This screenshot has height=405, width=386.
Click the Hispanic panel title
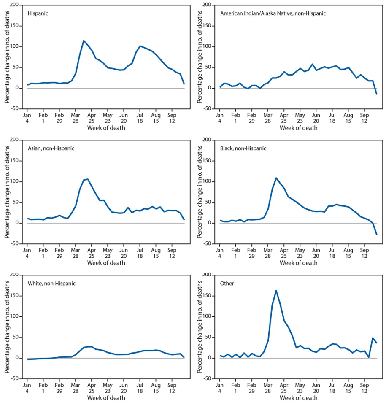pyautogui.click(x=38, y=13)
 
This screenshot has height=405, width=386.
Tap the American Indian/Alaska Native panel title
pyautogui.click(x=273, y=13)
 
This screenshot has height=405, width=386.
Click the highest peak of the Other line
pyautogui.click(x=276, y=290)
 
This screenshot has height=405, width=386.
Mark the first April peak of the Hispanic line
pyautogui.click(x=84, y=40)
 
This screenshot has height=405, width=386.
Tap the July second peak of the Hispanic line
pyautogui.click(x=140, y=46)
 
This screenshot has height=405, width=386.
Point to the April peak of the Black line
pyautogui.click(x=276, y=178)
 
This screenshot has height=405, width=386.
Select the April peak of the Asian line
pyautogui.click(x=87, y=179)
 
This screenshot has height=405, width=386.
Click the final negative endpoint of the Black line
pyautogui.click(x=377, y=234)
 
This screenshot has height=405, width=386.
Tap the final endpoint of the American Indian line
pyautogui.click(x=377, y=94)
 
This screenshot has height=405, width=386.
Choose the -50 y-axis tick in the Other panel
pyautogui.click(x=207, y=379)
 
